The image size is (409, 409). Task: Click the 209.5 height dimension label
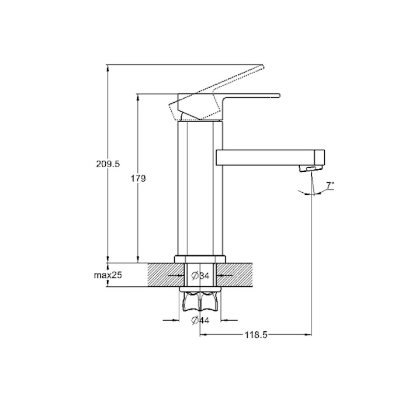click(x=108, y=164)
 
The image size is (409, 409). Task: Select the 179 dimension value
click(x=138, y=179)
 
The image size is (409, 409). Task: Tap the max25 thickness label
click(x=108, y=275)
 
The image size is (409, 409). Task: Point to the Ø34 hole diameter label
click(x=200, y=275)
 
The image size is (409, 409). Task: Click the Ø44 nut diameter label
click(x=200, y=320)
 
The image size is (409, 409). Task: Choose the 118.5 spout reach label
click(x=256, y=335)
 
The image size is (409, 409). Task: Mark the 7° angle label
click(x=330, y=185)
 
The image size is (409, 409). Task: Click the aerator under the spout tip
click(x=311, y=168)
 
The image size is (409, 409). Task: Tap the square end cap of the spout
click(x=320, y=158)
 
